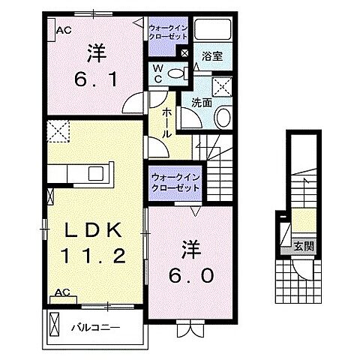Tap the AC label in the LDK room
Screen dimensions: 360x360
(x=63, y=292)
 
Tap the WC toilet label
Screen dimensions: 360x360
(x=159, y=73)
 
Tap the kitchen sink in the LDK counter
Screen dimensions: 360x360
(x=98, y=173)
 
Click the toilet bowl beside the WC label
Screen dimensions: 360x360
(x=177, y=73)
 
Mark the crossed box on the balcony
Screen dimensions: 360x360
(x=54, y=327)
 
